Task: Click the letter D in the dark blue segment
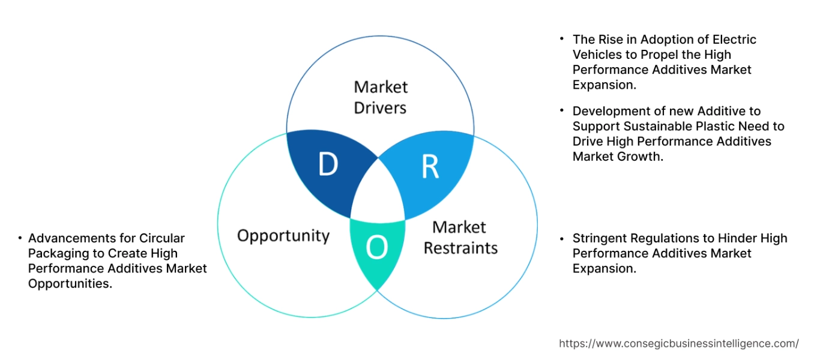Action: coord(328,165)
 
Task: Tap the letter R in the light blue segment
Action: coord(430,167)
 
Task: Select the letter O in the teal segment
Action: coord(376,248)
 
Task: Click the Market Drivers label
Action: coord(380,97)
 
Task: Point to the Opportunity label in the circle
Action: coord(283,235)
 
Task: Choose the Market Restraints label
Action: coord(460,237)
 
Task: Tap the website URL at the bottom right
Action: coord(678,343)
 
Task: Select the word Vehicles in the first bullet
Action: coord(595,55)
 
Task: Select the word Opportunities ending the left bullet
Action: coord(70,284)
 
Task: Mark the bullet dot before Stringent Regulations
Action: coord(562,238)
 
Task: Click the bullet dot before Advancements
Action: coord(20,238)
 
